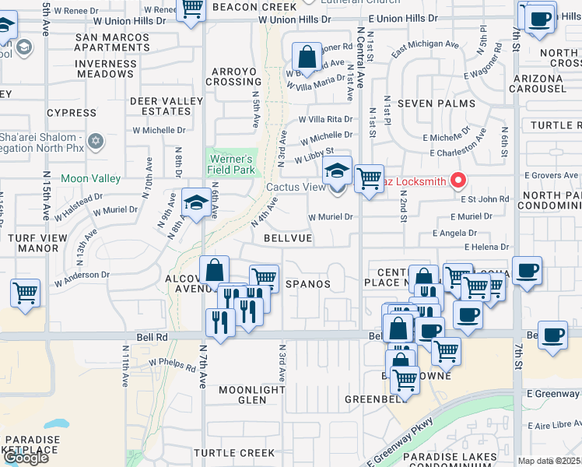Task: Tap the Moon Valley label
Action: coord(90,178)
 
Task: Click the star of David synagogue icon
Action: coord(96,141)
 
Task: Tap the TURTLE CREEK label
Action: coord(234,452)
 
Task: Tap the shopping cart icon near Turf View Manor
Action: coord(26,293)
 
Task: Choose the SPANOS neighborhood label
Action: coord(308,284)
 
